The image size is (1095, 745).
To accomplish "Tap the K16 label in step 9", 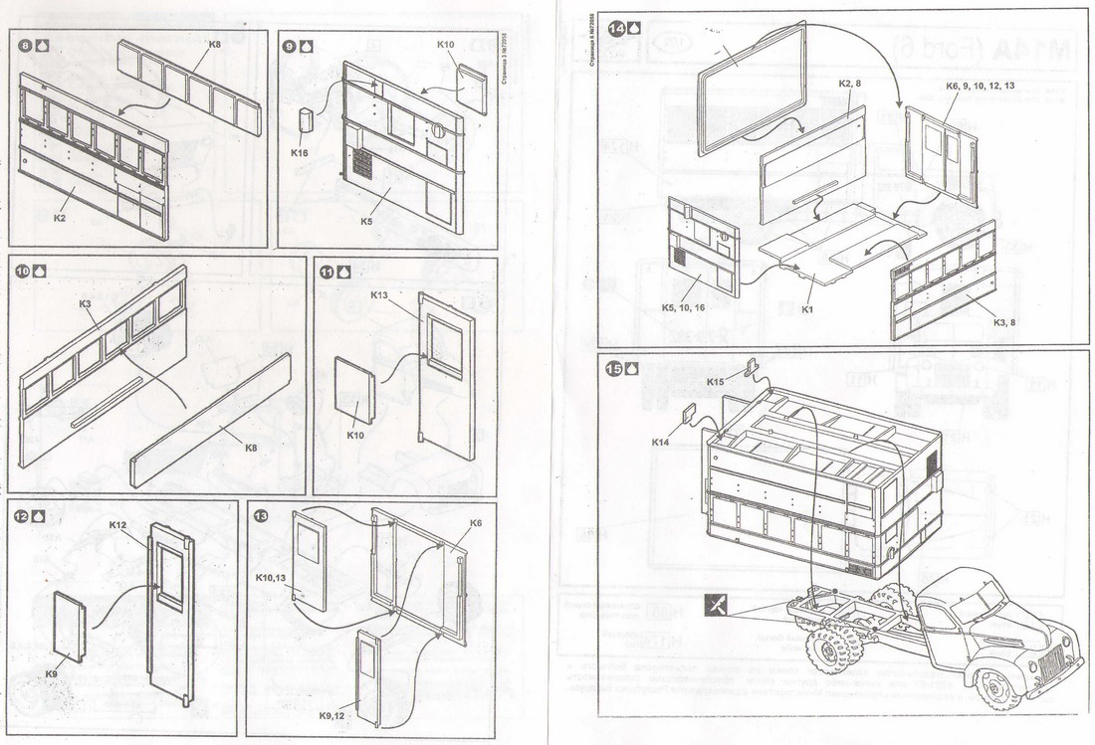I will (x=299, y=153).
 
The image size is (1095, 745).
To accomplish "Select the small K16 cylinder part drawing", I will (x=307, y=124).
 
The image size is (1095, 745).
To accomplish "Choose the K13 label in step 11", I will (x=379, y=295).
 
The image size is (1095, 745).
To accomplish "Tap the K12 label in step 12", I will (x=117, y=524).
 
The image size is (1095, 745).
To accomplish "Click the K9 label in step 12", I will (x=52, y=674).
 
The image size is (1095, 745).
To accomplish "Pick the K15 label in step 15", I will (x=716, y=381).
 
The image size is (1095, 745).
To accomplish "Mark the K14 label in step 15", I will (x=662, y=442).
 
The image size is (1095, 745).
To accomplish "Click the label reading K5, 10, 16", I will (x=683, y=308).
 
